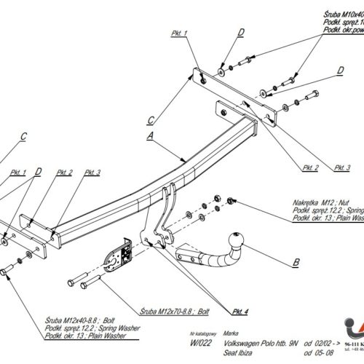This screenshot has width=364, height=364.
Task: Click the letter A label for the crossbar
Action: [x=151, y=135]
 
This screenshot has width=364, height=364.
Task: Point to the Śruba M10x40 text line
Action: [x=334, y=14]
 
